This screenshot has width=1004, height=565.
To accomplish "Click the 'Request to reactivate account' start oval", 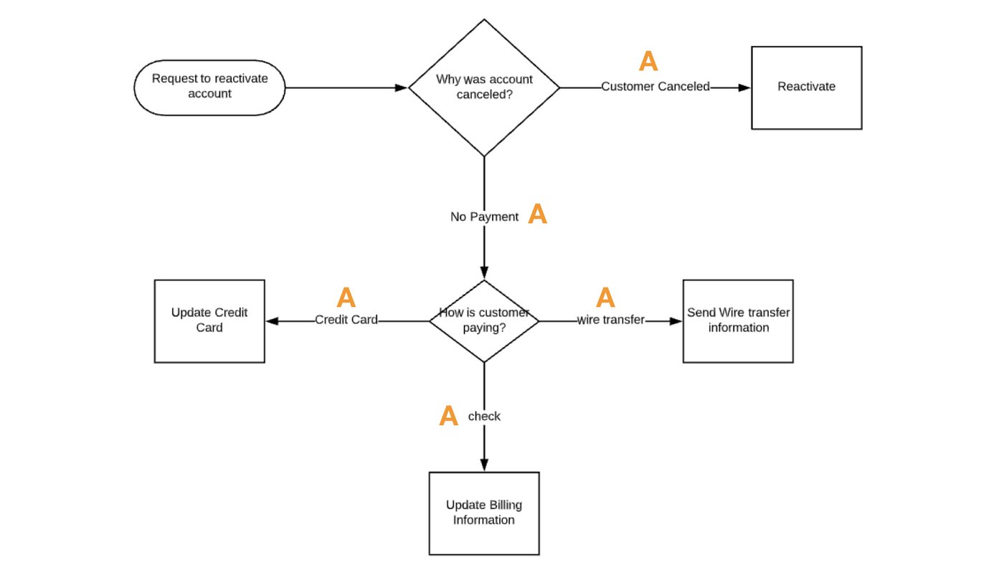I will (209, 87).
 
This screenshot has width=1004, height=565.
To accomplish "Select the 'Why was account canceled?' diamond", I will (484, 87).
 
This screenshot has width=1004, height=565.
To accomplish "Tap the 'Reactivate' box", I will (806, 87).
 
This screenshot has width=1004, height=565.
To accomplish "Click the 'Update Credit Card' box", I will (209, 321).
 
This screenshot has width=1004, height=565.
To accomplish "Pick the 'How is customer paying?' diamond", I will (484, 321).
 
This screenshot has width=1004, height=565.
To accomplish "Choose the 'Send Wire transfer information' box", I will (738, 321).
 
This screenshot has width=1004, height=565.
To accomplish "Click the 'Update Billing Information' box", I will (484, 513).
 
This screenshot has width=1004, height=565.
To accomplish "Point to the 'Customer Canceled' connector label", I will (655, 87).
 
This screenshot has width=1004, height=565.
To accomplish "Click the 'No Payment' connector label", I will (484, 217).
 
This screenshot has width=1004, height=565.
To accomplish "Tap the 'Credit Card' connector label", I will (346, 320).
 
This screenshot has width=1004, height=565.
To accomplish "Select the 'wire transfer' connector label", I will (611, 320).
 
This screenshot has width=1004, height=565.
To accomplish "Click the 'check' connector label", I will (484, 416).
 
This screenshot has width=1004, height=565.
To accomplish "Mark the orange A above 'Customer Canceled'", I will (648, 62).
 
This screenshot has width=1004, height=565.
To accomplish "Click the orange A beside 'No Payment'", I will (537, 214).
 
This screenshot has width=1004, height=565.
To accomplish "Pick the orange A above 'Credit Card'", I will (346, 298).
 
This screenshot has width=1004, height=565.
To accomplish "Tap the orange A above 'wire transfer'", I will (606, 297).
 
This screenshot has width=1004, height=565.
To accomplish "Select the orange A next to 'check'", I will (448, 416).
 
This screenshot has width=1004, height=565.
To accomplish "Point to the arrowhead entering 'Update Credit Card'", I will (272, 321).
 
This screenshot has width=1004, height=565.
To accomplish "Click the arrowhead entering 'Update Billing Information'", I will (484, 465).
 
